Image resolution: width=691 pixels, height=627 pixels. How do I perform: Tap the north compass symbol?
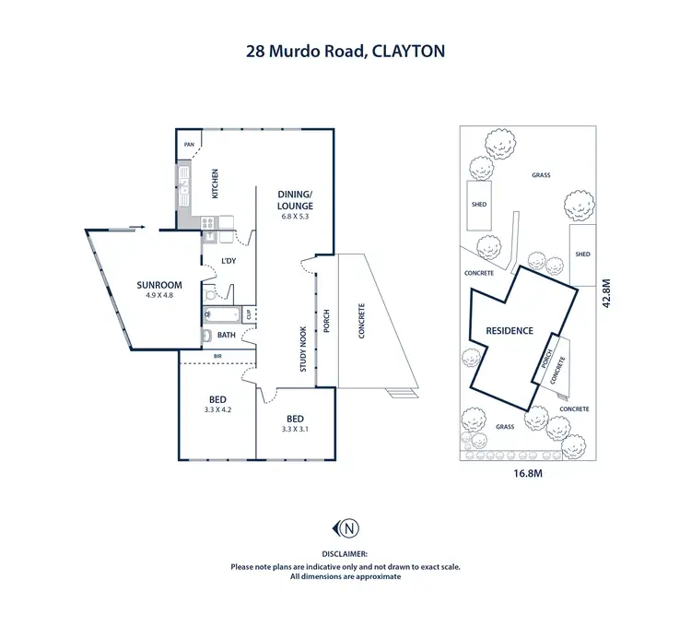(346, 528)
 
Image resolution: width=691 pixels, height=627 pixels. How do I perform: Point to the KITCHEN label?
(216, 183)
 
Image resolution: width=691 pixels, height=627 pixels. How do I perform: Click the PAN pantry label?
(189, 145)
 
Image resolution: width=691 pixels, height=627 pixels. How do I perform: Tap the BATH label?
(225, 335)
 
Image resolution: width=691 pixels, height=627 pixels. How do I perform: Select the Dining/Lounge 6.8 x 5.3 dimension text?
(297, 218)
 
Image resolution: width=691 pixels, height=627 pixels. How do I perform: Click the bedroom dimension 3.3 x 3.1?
(296, 429)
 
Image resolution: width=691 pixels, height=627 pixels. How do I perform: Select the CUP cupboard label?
(249, 313)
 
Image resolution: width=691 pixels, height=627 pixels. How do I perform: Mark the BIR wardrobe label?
(217, 355)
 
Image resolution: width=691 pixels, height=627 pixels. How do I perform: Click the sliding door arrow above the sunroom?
(135, 225)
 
